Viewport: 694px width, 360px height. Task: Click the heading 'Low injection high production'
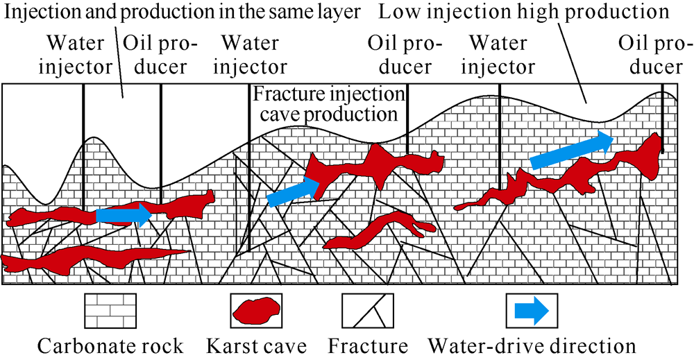pyautogui.click(x=523, y=12)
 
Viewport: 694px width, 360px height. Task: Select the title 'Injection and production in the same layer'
pyautogui.click(x=183, y=12)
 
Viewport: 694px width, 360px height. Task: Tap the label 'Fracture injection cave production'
pyautogui.click(x=328, y=104)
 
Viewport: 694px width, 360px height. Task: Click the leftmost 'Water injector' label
pyautogui.click(x=75, y=55)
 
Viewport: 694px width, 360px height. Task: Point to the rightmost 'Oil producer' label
pyautogui.click(x=656, y=55)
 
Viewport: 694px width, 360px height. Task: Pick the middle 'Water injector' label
pyautogui.click(x=250, y=55)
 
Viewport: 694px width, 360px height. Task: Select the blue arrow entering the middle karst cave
pyautogui.click(x=294, y=191)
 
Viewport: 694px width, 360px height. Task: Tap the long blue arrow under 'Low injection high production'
pyautogui.click(x=572, y=150)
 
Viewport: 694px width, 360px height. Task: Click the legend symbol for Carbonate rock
pyautogui.click(x=110, y=311)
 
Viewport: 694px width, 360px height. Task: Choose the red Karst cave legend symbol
pyautogui.click(x=256, y=311)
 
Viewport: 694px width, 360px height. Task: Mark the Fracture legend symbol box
pyautogui.click(x=367, y=311)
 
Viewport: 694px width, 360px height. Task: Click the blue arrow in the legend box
pyautogui.click(x=532, y=311)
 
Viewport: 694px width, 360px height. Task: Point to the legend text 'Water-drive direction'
pyautogui.click(x=532, y=346)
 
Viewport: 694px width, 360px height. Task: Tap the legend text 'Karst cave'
pyautogui.click(x=256, y=346)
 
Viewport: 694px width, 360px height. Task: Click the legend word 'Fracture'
pyautogui.click(x=367, y=346)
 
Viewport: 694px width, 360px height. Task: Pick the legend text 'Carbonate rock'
pyautogui.click(x=110, y=346)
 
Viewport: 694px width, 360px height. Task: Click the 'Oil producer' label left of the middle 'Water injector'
pyautogui.click(x=160, y=55)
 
